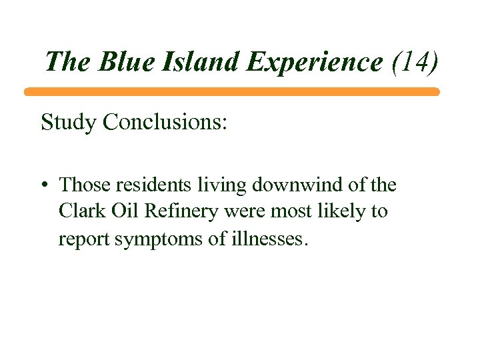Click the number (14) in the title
pos(415,63)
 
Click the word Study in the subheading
pos(65,123)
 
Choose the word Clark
pos(80,211)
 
